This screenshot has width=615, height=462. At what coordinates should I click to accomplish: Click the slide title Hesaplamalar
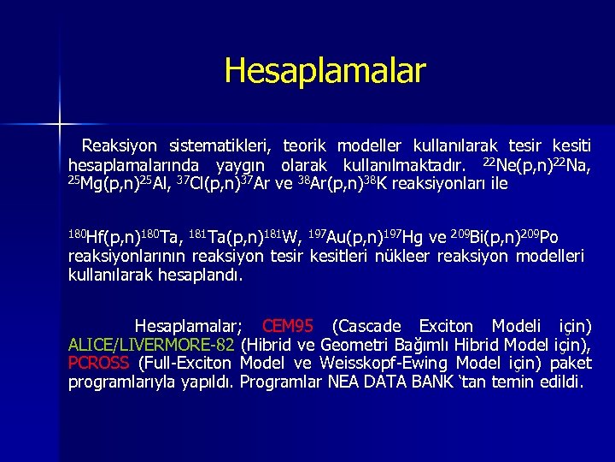coord(324,70)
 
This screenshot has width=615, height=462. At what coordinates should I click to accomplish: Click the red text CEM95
coord(288,327)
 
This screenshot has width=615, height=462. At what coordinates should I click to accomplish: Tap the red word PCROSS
coord(98,364)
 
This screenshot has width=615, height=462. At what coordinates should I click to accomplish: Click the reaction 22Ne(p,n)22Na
coord(536,164)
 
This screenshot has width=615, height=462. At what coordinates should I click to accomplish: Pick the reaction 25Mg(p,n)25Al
coord(114,182)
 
